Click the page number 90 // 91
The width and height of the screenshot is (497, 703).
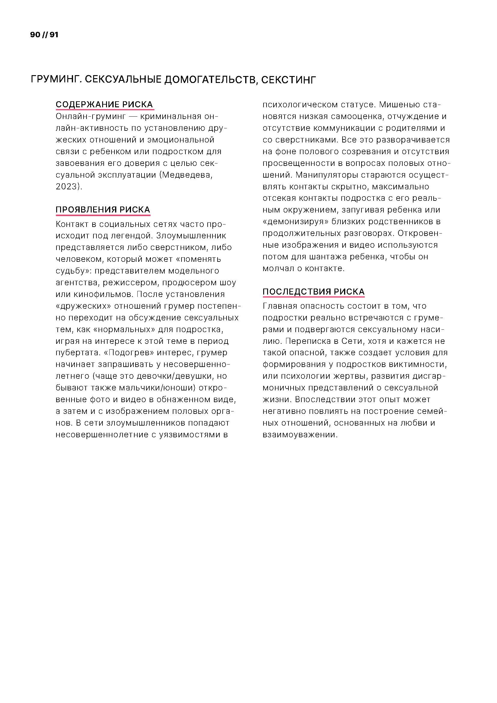coord(44,35)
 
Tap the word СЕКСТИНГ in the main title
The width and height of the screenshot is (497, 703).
coord(288,80)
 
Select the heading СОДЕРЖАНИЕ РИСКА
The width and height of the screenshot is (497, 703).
coord(104,104)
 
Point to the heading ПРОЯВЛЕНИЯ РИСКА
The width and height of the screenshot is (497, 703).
coord(103,210)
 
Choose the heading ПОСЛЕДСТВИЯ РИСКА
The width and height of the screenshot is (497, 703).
coord(313,292)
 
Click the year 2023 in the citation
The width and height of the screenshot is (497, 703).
coord(68,186)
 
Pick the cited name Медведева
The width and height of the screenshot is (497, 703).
coord(186,175)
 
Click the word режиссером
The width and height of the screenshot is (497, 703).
coord(130,282)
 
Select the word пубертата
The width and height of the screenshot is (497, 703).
coord(77,353)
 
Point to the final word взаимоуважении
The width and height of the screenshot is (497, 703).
coord(300,435)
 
